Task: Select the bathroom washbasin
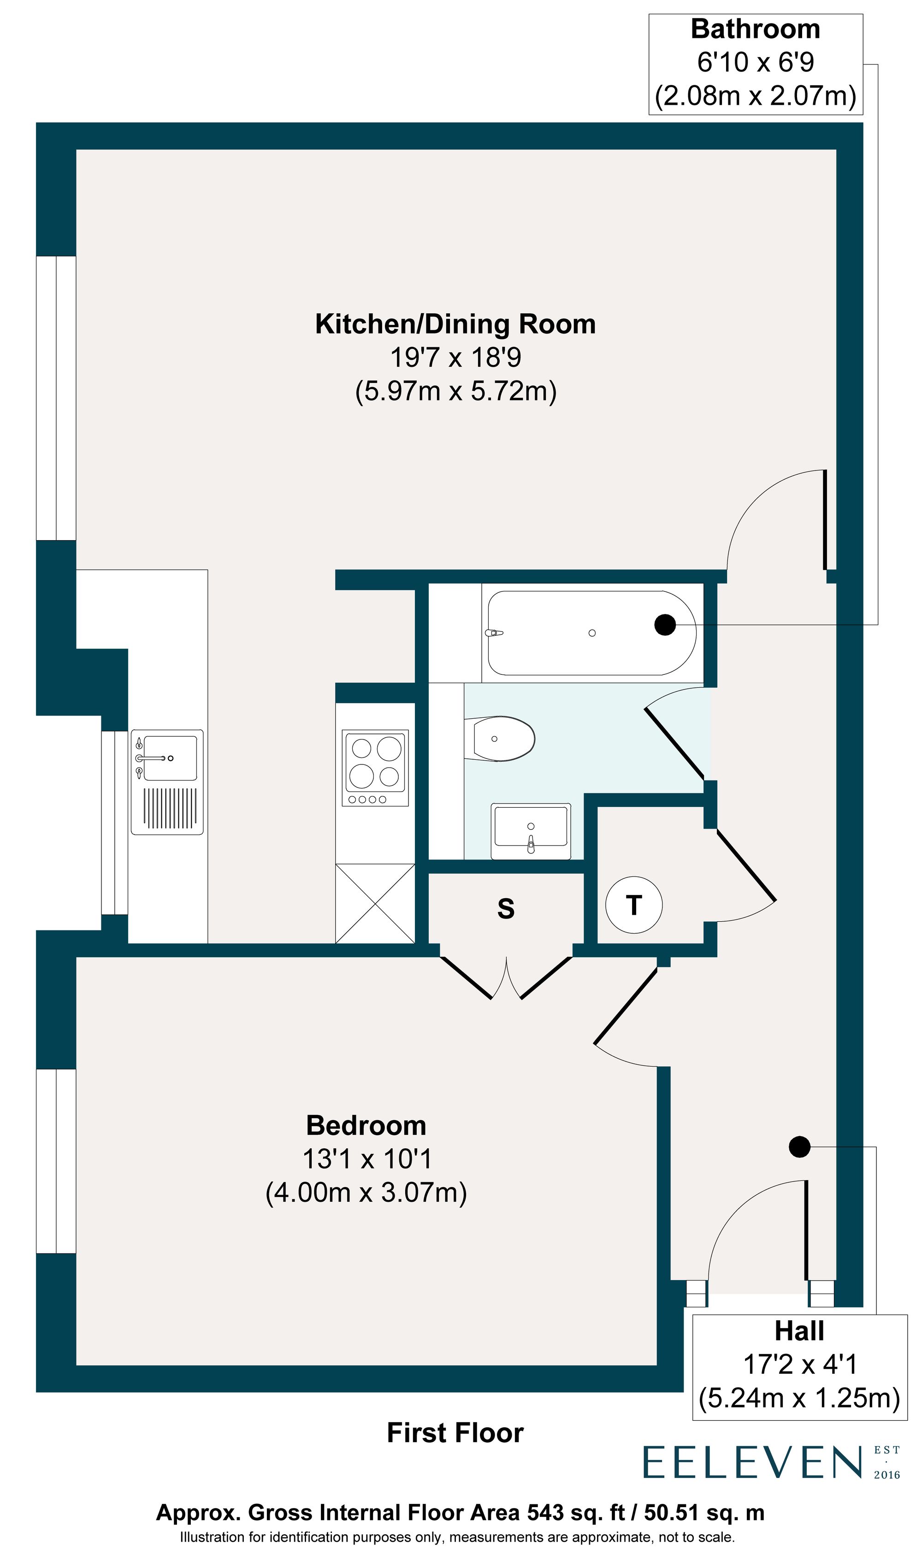[x=531, y=831]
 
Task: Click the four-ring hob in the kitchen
[x=375, y=767]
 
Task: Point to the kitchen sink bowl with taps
[x=169, y=758]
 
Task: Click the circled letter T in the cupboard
[x=634, y=905]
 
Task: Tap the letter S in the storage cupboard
[x=506, y=908]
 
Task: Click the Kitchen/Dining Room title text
[x=455, y=324]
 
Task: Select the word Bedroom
[x=366, y=1126]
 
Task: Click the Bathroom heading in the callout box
[x=756, y=29]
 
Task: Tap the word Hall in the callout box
[x=799, y=1331]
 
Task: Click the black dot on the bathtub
[x=665, y=624]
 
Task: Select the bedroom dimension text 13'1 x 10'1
[x=366, y=1159]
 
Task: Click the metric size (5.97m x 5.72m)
[x=455, y=391]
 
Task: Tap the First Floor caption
[x=455, y=1433]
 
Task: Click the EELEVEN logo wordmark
[x=752, y=1462]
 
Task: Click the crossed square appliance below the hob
[x=375, y=903]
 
